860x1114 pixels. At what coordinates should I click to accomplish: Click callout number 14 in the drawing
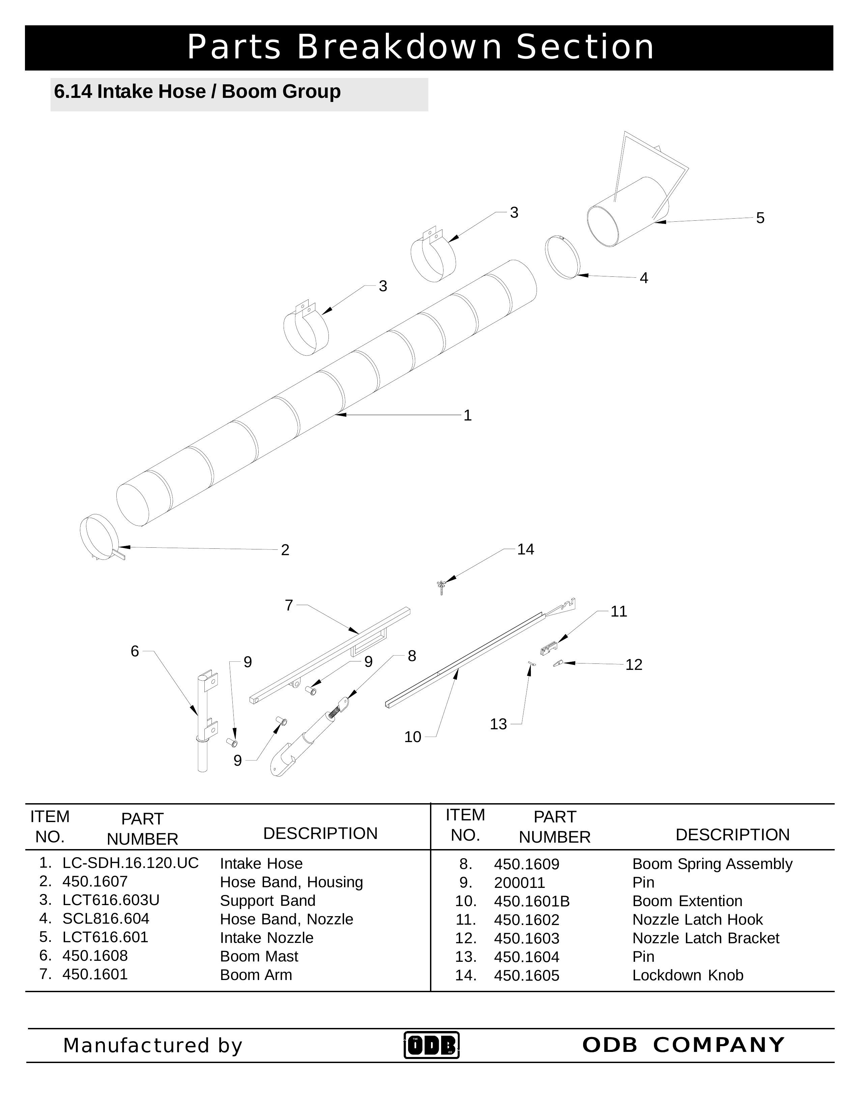(525, 549)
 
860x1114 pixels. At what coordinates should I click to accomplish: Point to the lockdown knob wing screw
(441, 587)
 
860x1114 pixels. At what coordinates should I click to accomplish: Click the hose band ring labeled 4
(562, 257)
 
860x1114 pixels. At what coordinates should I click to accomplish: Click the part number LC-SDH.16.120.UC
(131, 863)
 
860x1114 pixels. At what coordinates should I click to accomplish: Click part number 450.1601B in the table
(531, 901)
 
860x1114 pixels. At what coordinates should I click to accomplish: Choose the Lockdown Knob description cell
(687, 975)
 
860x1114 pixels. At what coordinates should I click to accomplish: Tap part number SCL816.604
(106, 919)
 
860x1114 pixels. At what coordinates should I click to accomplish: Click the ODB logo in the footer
(431, 1045)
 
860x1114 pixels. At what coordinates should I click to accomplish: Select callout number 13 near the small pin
(498, 724)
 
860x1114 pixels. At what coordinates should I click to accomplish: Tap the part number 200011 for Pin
(519, 882)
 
